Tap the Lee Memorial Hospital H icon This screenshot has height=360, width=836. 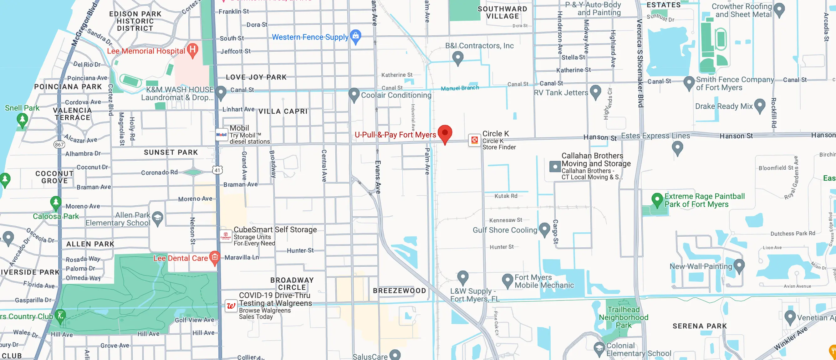pyautogui.click(x=193, y=50)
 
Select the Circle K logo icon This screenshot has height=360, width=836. pyautogui.click(x=474, y=140)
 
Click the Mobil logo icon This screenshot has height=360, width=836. pyautogui.click(x=221, y=135)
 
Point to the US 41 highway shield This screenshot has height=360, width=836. pyautogui.click(x=217, y=170)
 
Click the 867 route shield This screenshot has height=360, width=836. pyautogui.click(x=59, y=144)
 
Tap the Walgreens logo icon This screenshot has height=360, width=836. pyautogui.click(x=231, y=306)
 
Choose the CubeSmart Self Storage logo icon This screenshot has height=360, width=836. pyautogui.click(x=226, y=236)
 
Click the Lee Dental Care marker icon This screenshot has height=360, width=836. pyautogui.click(x=214, y=258)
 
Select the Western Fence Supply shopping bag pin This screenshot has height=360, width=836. pyautogui.click(x=355, y=36)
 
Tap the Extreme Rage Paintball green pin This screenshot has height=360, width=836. pyautogui.click(x=657, y=199)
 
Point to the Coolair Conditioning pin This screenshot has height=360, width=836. pyautogui.click(x=354, y=95)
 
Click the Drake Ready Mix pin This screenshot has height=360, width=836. pyautogui.click(x=760, y=105)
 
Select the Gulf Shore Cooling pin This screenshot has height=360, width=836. pyautogui.click(x=544, y=229)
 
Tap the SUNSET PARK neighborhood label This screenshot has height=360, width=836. pyautogui.click(x=171, y=152)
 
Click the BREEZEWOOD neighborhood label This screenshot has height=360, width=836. pyautogui.click(x=399, y=291)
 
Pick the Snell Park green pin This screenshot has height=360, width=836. pyautogui.click(x=22, y=120)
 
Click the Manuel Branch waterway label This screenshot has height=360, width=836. pyautogui.click(x=460, y=88)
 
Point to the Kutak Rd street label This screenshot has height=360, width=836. pyautogui.click(x=506, y=196)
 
